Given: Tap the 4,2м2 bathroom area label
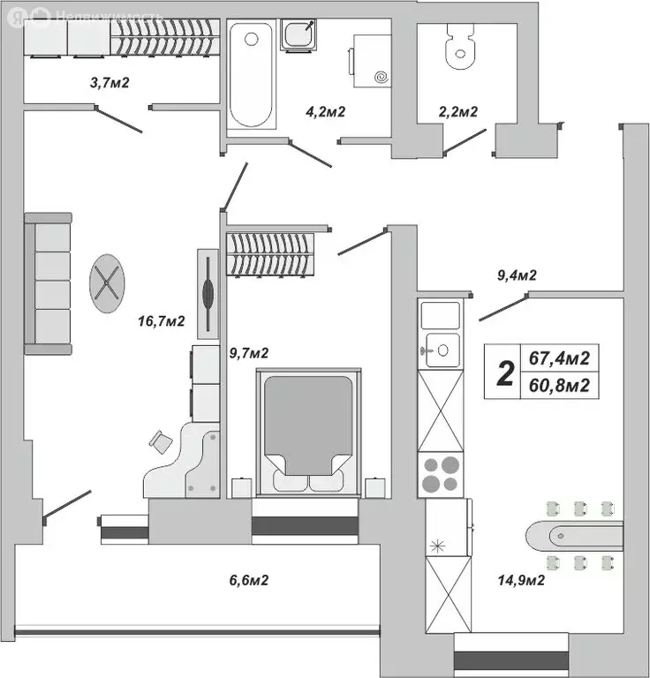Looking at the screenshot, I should pos(325,112).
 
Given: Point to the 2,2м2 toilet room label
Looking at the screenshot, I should pos(458,112).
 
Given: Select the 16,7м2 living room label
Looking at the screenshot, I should pos(161,320).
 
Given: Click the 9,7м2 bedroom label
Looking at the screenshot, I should pos(249,353).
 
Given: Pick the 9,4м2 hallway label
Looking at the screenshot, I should pos(518,275).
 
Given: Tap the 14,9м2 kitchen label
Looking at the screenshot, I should pos(520,581).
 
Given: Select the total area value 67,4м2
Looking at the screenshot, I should pos(559,358).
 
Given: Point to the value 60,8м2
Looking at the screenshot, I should pos(559,385).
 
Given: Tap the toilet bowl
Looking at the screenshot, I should pos(459,49).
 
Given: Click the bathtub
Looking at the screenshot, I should pos(252,75).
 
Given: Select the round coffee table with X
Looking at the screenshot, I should pos(107,283).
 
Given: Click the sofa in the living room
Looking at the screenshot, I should pos(48,282).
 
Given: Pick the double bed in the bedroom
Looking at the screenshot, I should pos(308,433).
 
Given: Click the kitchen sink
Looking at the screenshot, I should pos(439,350).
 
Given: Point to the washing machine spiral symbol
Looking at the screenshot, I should pos(382,77).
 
